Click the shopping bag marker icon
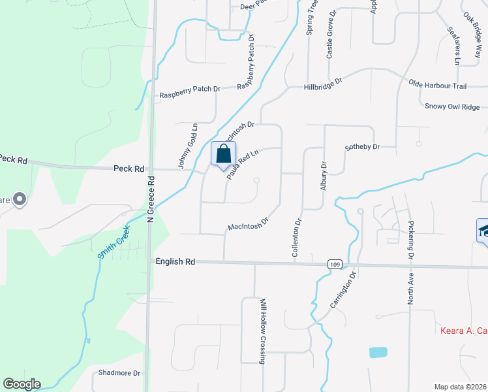[x=223, y=154]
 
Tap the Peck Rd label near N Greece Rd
[x=129, y=169]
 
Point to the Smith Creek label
[x=114, y=242]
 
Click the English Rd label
[x=175, y=261]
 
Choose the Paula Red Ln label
[x=243, y=164]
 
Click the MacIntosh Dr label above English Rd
[x=249, y=224]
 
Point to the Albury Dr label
[x=323, y=176]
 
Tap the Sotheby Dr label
[x=362, y=147]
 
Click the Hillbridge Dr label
[x=323, y=84]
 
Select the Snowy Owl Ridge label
[x=451, y=106]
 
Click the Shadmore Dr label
[x=119, y=373]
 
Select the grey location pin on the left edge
[x=19, y=199]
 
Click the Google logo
[x=21, y=384]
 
